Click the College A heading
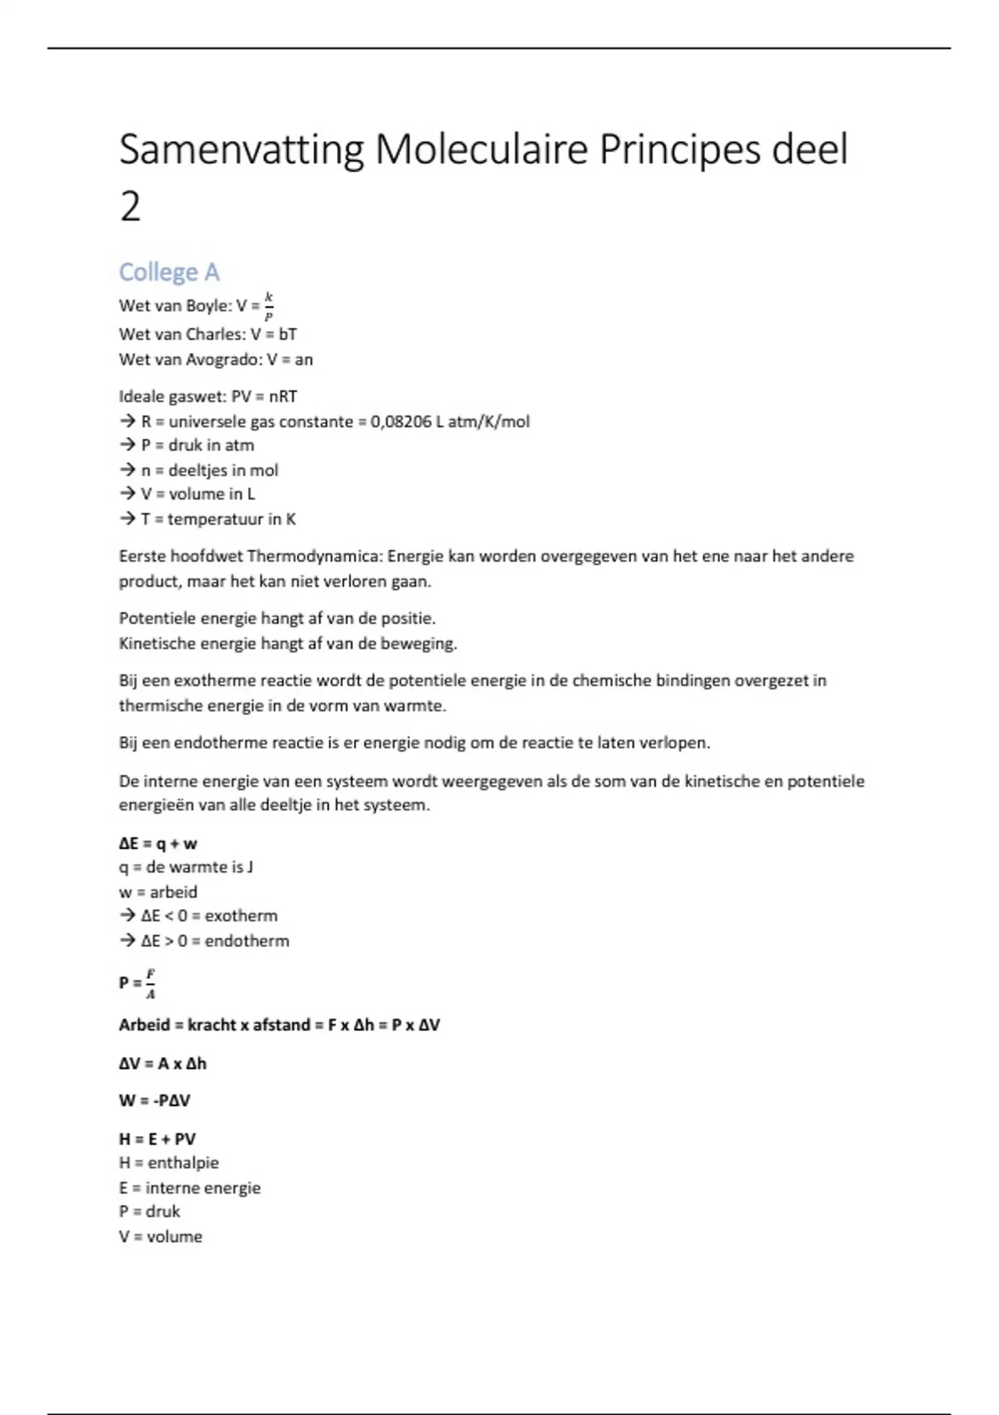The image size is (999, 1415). coord(169,272)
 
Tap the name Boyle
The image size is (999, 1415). coord(208,305)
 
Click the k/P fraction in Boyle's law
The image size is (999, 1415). coord(268,306)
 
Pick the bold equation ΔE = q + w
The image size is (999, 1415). coord(158,844)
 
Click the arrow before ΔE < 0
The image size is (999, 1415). coord(127,916)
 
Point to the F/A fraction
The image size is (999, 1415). coord(151,983)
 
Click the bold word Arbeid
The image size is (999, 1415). coord(145,1025)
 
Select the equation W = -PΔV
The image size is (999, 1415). coord(155,1100)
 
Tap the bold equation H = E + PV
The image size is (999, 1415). coord(157,1139)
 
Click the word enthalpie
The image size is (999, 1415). coord(183,1163)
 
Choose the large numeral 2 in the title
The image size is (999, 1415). coord(130,206)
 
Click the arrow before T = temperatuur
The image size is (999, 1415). coord(127,519)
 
